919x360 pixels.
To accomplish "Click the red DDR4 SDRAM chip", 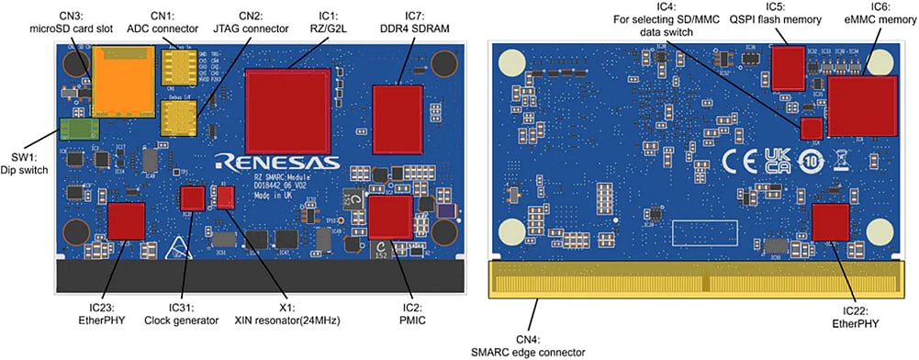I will pos(398,119).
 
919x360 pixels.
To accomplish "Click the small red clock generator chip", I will pos(192,197).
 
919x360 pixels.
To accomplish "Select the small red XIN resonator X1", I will pos(226,197).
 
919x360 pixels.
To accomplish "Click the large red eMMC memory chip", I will pos(861,105).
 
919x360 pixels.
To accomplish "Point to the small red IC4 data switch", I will pos(811,129).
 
